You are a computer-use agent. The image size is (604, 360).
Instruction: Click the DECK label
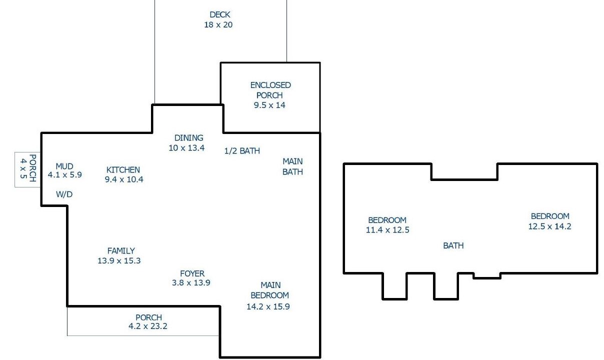(220, 14)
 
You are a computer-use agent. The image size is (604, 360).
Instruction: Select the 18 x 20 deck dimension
(218, 25)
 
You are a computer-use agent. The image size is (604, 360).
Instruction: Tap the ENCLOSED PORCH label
(270, 90)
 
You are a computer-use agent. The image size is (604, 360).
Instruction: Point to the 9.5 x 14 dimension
(269, 105)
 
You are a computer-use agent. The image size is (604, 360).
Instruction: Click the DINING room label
(189, 138)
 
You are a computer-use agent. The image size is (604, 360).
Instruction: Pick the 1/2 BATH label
(242, 150)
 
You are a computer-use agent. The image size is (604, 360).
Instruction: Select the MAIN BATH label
(292, 166)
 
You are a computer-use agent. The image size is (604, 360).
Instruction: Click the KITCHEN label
(123, 170)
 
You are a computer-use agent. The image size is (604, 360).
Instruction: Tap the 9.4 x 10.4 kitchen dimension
(124, 179)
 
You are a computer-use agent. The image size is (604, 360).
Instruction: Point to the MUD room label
(64, 166)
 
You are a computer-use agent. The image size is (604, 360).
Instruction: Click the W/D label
(64, 194)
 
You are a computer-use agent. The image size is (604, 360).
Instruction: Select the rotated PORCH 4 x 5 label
(28, 168)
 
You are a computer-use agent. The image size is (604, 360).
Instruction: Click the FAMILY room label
(121, 251)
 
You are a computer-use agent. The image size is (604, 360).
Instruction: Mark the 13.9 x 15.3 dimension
(119, 261)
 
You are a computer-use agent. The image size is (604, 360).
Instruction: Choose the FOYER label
(192, 273)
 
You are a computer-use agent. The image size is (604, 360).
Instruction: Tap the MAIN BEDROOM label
(270, 290)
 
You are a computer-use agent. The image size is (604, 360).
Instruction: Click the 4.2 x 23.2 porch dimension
(148, 326)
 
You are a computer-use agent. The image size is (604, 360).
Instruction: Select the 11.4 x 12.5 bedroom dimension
(387, 230)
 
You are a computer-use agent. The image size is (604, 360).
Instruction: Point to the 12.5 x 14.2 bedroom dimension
(549, 226)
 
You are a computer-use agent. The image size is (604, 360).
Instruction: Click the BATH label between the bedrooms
(453, 245)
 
